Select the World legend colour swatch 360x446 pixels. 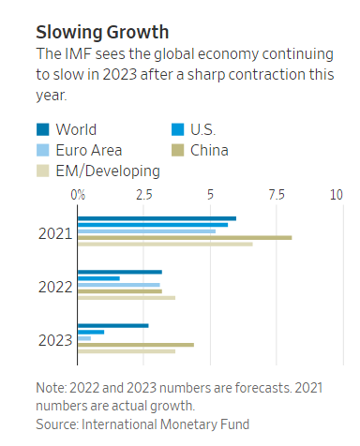tap(42, 130)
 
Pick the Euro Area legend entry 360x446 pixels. tap(88, 150)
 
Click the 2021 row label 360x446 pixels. tap(56, 231)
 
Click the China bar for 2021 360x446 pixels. tap(184, 238)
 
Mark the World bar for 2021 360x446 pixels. tap(157, 218)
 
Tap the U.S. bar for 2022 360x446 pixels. tap(98, 278)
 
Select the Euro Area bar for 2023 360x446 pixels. tap(84, 338)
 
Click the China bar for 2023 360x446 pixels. tap(136, 345)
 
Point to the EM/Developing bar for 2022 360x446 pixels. tap(127, 298)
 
